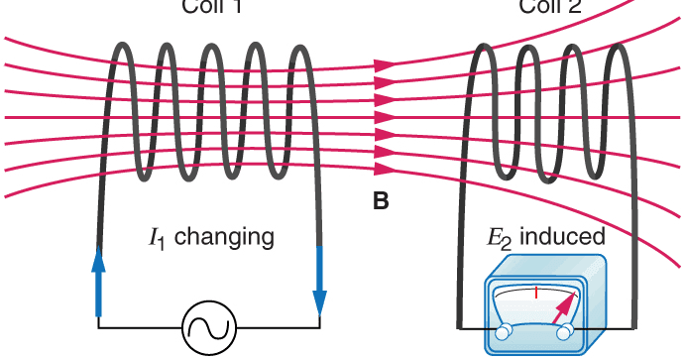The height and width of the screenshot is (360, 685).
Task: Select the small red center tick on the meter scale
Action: point(535,293)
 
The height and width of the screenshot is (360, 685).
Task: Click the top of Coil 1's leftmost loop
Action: point(126,46)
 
